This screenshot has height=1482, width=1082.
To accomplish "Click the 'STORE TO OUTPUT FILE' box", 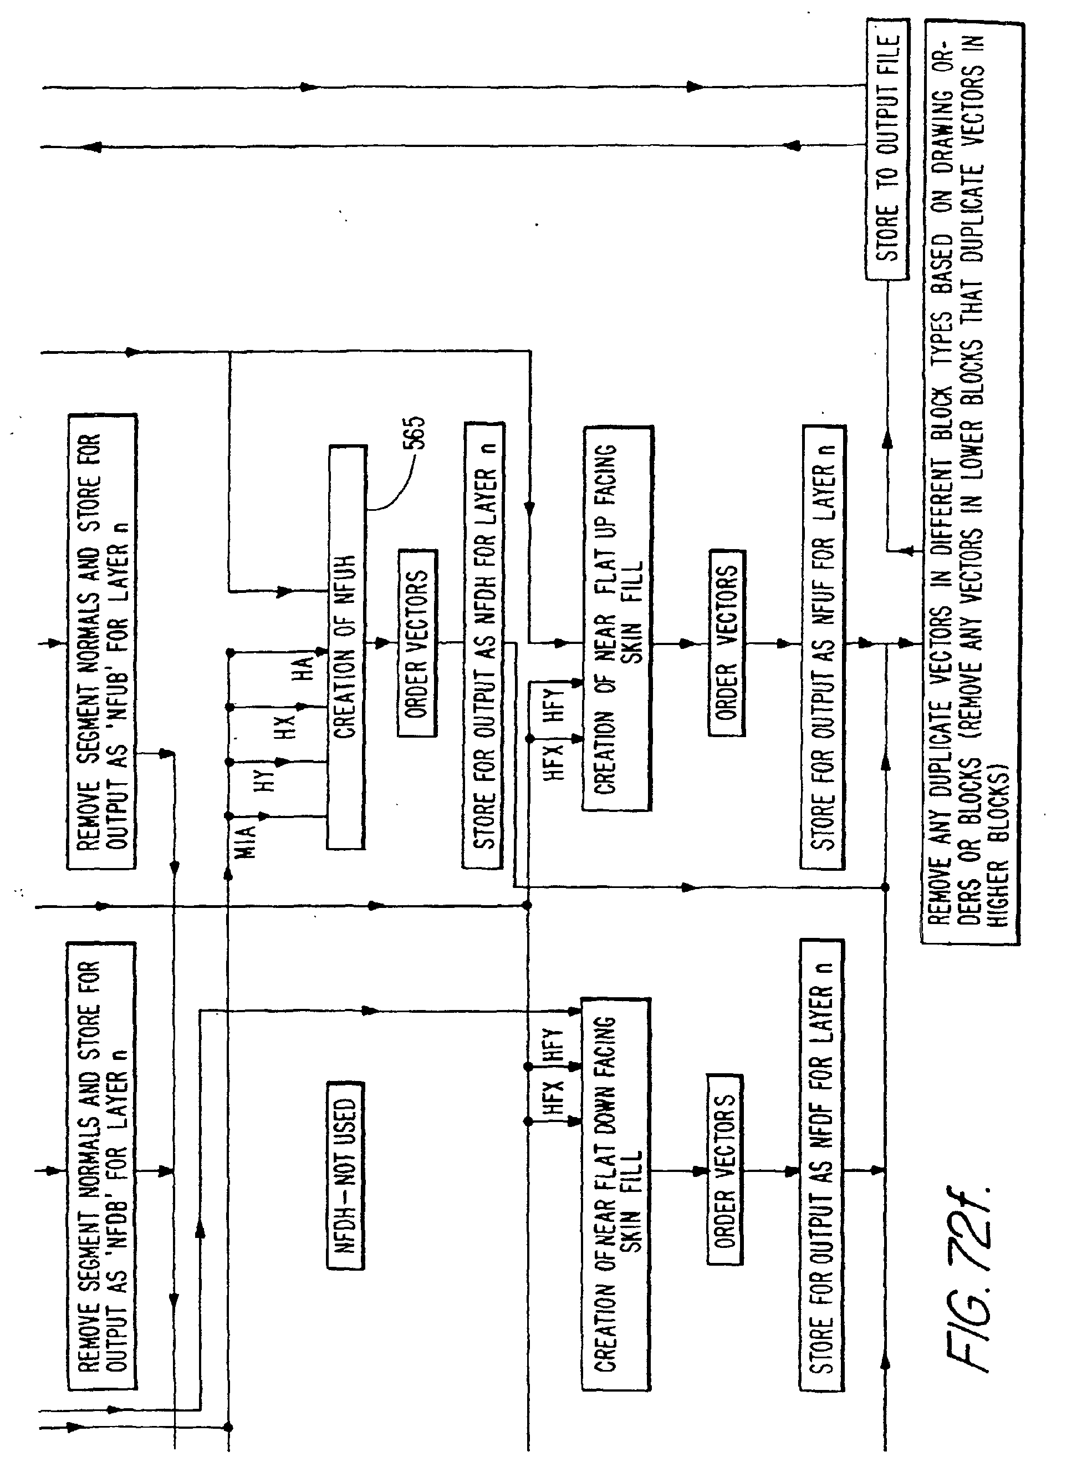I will (x=887, y=149).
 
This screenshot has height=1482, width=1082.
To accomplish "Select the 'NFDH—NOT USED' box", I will (x=345, y=1175).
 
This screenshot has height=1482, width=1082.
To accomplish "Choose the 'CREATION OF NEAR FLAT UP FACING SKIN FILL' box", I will (x=617, y=619).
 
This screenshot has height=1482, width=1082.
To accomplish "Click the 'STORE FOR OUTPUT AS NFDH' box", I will (x=484, y=646).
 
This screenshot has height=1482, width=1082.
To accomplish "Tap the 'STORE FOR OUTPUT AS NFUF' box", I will (x=823, y=647).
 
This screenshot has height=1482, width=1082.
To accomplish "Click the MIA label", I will (x=245, y=842).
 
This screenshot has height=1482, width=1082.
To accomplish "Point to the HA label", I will (x=304, y=668).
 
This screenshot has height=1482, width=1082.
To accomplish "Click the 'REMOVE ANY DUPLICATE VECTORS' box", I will (x=971, y=483).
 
